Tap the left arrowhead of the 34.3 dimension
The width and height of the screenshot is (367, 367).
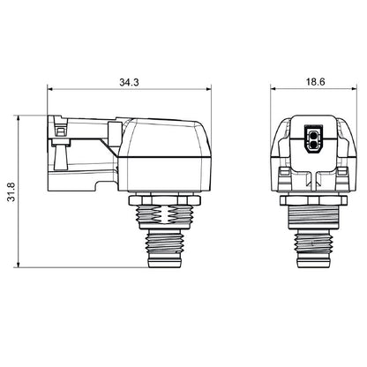[49, 88]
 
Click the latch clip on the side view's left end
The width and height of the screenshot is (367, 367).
[59, 141]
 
